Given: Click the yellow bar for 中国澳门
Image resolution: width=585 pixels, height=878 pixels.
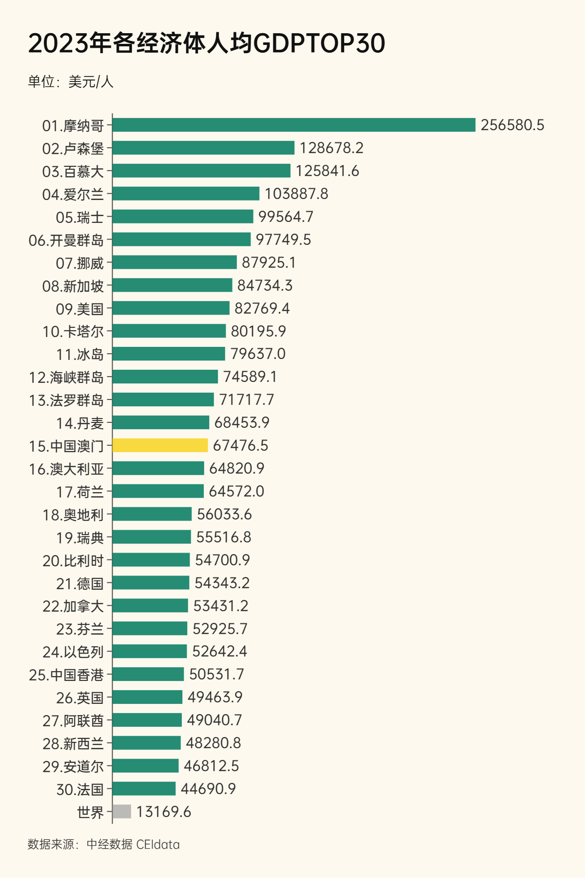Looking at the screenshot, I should pyautogui.click(x=160, y=445).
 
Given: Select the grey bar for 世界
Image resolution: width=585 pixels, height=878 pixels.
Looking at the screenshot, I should pyautogui.click(x=122, y=812).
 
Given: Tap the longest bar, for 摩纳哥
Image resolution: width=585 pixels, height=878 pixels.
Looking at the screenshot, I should pyautogui.click(x=293, y=125).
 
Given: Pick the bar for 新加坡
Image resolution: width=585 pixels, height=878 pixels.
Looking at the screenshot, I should pyautogui.click(x=172, y=285).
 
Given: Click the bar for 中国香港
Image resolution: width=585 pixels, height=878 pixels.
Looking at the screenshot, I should pyautogui.click(x=148, y=674).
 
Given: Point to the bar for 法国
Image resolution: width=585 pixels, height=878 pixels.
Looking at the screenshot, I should pyautogui.click(x=144, y=789).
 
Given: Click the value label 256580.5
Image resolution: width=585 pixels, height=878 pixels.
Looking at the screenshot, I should pyautogui.click(x=512, y=125).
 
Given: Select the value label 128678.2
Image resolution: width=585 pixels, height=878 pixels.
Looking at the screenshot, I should pyautogui.click(x=331, y=148).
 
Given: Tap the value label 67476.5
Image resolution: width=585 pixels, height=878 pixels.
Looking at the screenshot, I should pyautogui.click(x=240, y=445).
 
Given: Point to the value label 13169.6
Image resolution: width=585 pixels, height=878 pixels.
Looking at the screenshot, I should pyautogui.click(x=163, y=812).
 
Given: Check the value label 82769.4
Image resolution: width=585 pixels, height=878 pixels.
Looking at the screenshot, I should pyautogui.click(x=262, y=308).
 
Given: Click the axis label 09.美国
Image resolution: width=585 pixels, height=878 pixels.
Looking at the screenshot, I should pyautogui.click(x=80, y=309).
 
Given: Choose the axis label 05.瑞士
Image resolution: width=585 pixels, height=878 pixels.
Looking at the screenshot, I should pyautogui.click(x=80, y=217).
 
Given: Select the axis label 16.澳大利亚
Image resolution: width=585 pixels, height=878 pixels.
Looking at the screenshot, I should pyautogui.click(x=66, y=469).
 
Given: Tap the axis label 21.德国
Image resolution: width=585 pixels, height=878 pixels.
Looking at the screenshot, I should pyautogui.click(x=80, y=583).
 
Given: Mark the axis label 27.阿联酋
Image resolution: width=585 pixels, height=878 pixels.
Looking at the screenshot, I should pyautogui.click(x=73, y=720).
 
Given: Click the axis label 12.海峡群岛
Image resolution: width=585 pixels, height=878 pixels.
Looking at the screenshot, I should pyautogui.click(x=66, y=377).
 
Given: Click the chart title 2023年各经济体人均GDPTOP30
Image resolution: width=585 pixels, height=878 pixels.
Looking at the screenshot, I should pyautogui.click(x=207, y=43).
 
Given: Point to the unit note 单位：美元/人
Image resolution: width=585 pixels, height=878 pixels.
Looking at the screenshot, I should pyautogui.click(x=71, y=81).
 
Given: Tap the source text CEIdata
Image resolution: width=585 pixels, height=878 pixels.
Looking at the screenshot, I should pyautogui.click(x=158, y=844).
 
